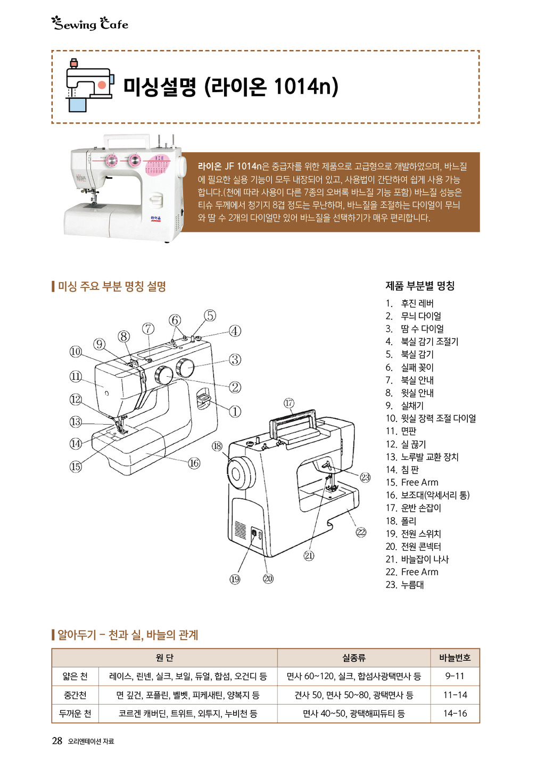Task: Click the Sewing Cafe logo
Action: pyautogui.click(x=90, y=24)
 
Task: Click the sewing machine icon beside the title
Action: pyautogui.click(x=89, y=85)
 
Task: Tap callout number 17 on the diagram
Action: pyautogui.click(x=289, y=403)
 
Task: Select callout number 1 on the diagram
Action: pyautogui.click(x=235, y=411)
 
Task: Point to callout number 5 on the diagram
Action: pyautogui.click(x=210, y=316)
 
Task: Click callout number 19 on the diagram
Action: pyautogui.click(x=235, y=579)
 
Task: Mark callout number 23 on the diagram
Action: pyautogui.click(x=365, y=477)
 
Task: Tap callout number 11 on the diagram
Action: pyautogui.click(x=76, y=376)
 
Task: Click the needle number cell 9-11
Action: pyautogui.click(x=455, y=676)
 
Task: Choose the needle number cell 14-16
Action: pyautogui.click(x=455, y=714)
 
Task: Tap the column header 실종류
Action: pyautogui.click(x=353, y=658)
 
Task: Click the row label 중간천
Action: pyautogui.click(x=75, y=695)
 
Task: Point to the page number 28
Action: pyautogui.click(x=57, y=741)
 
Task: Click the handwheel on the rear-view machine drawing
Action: pyautogui.click(x=241, y=474)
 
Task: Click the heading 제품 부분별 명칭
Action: pyautogui.click(x=420, y=285)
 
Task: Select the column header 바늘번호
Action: pyautogui.click(x=455, y=658)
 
